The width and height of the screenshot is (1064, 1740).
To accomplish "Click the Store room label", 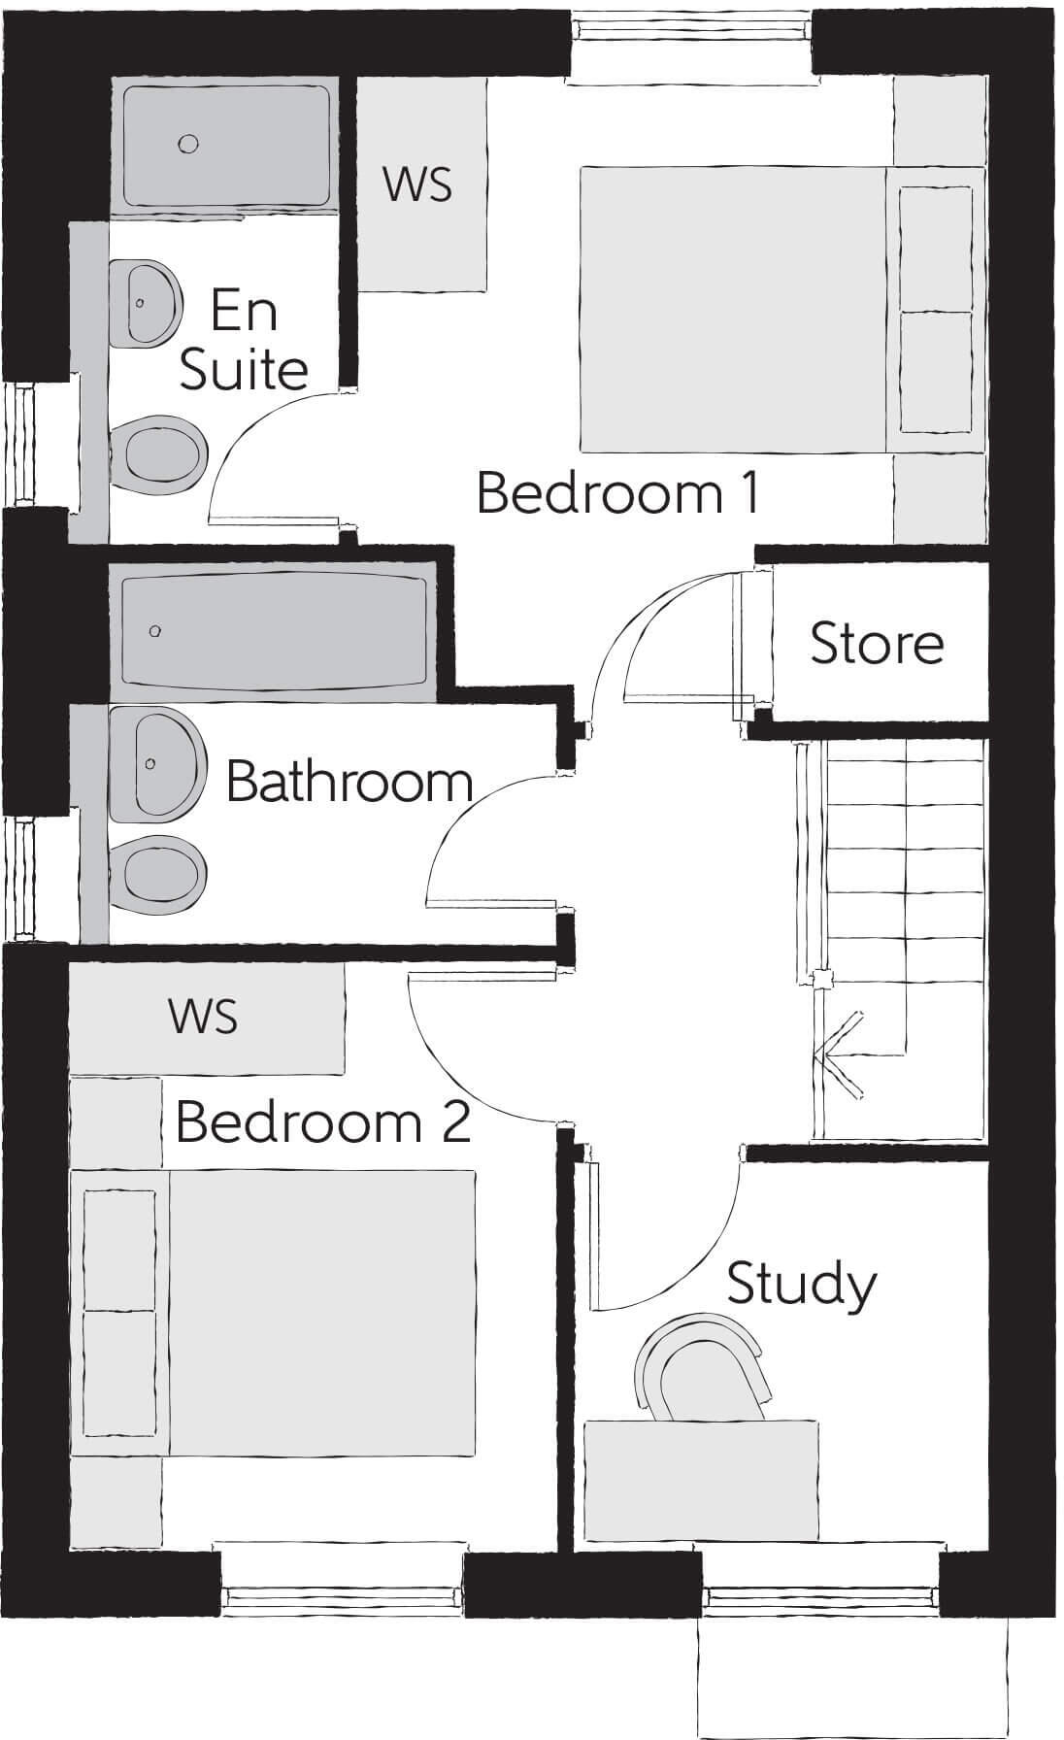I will point(876,644).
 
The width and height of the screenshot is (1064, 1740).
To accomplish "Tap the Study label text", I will point(800,1284).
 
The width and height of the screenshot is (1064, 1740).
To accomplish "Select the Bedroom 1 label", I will point(617,493).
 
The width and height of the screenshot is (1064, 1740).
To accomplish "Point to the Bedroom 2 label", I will point(322,1122).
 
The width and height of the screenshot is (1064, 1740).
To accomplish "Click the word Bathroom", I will point(349,783).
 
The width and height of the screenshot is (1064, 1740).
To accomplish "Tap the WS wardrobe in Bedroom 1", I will point(418,184).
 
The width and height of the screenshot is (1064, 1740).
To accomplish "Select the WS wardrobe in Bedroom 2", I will point(204,1017).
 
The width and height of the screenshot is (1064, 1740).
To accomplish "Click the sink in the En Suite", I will point(150,302).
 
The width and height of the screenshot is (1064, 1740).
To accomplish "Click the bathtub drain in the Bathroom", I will point(155,632).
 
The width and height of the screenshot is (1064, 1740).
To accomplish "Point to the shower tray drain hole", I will point(188,145).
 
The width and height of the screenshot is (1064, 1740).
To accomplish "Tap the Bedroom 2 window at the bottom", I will point(341,1592).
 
